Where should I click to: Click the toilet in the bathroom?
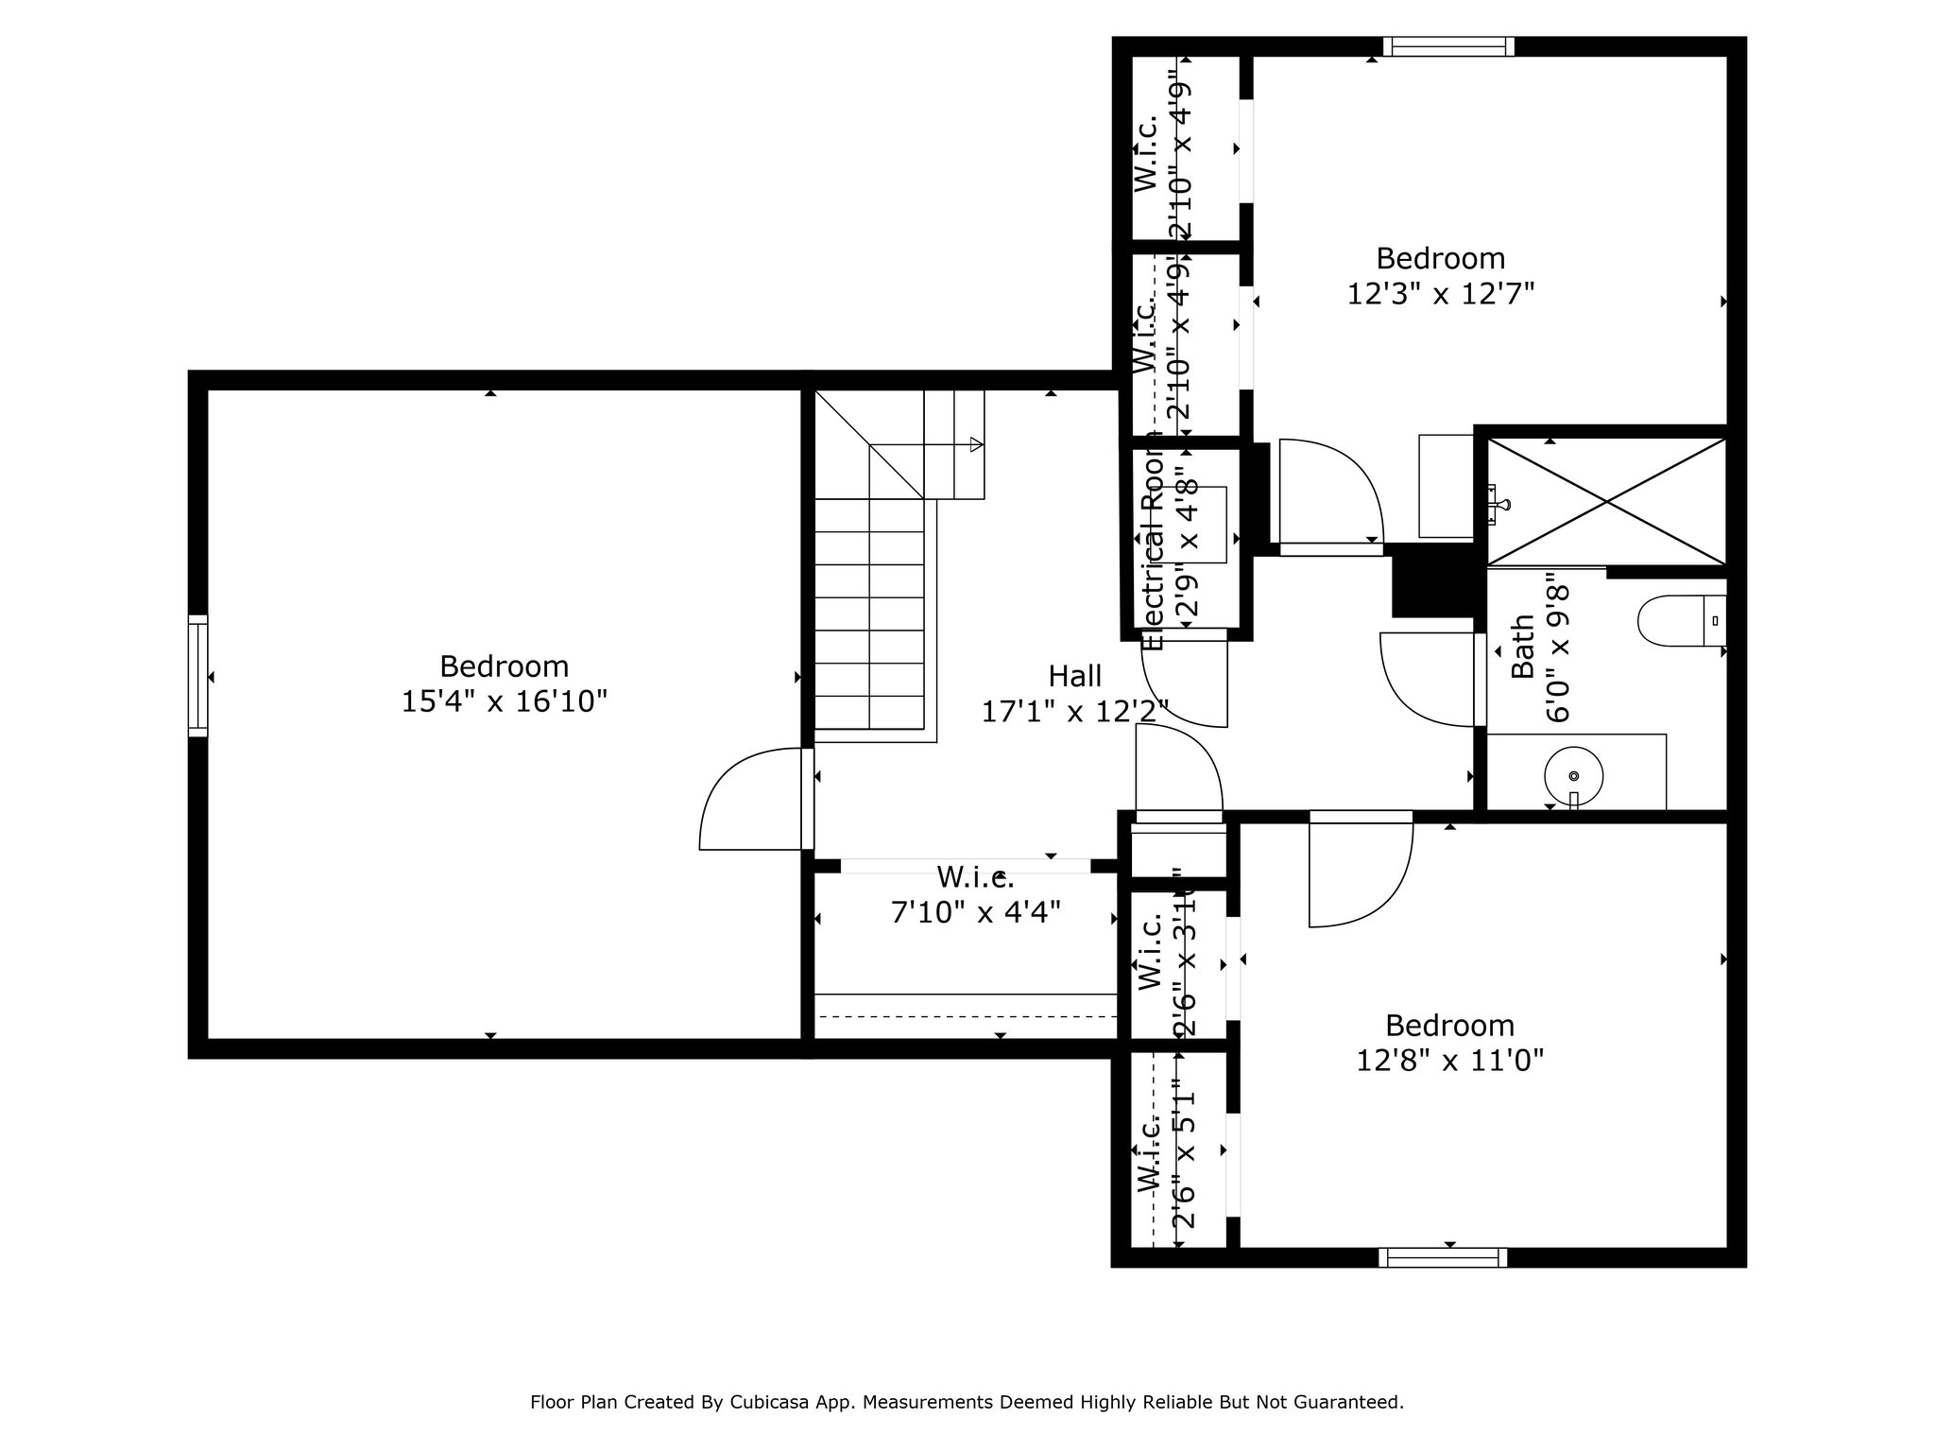pos(1680,620)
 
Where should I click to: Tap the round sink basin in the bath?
pos(1573,775)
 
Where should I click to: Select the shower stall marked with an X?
pos(1606,501)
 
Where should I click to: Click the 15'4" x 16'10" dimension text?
pos(504,701)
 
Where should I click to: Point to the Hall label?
pos(1074,676)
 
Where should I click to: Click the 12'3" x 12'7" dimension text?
pos(1440,294)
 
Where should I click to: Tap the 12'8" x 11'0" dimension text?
pos(1449,1061)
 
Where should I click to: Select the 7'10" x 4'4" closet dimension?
pos(975,912)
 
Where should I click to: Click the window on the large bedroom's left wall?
pos(197,675)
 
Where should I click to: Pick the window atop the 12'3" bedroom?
pos(1448,46)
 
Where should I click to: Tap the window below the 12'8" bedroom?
pos(1442,1257)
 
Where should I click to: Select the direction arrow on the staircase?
pos(976,444)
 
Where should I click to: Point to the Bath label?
pos(1522,647)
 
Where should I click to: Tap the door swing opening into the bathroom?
pos(1422,676)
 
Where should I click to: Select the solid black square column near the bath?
pos(1432,582)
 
